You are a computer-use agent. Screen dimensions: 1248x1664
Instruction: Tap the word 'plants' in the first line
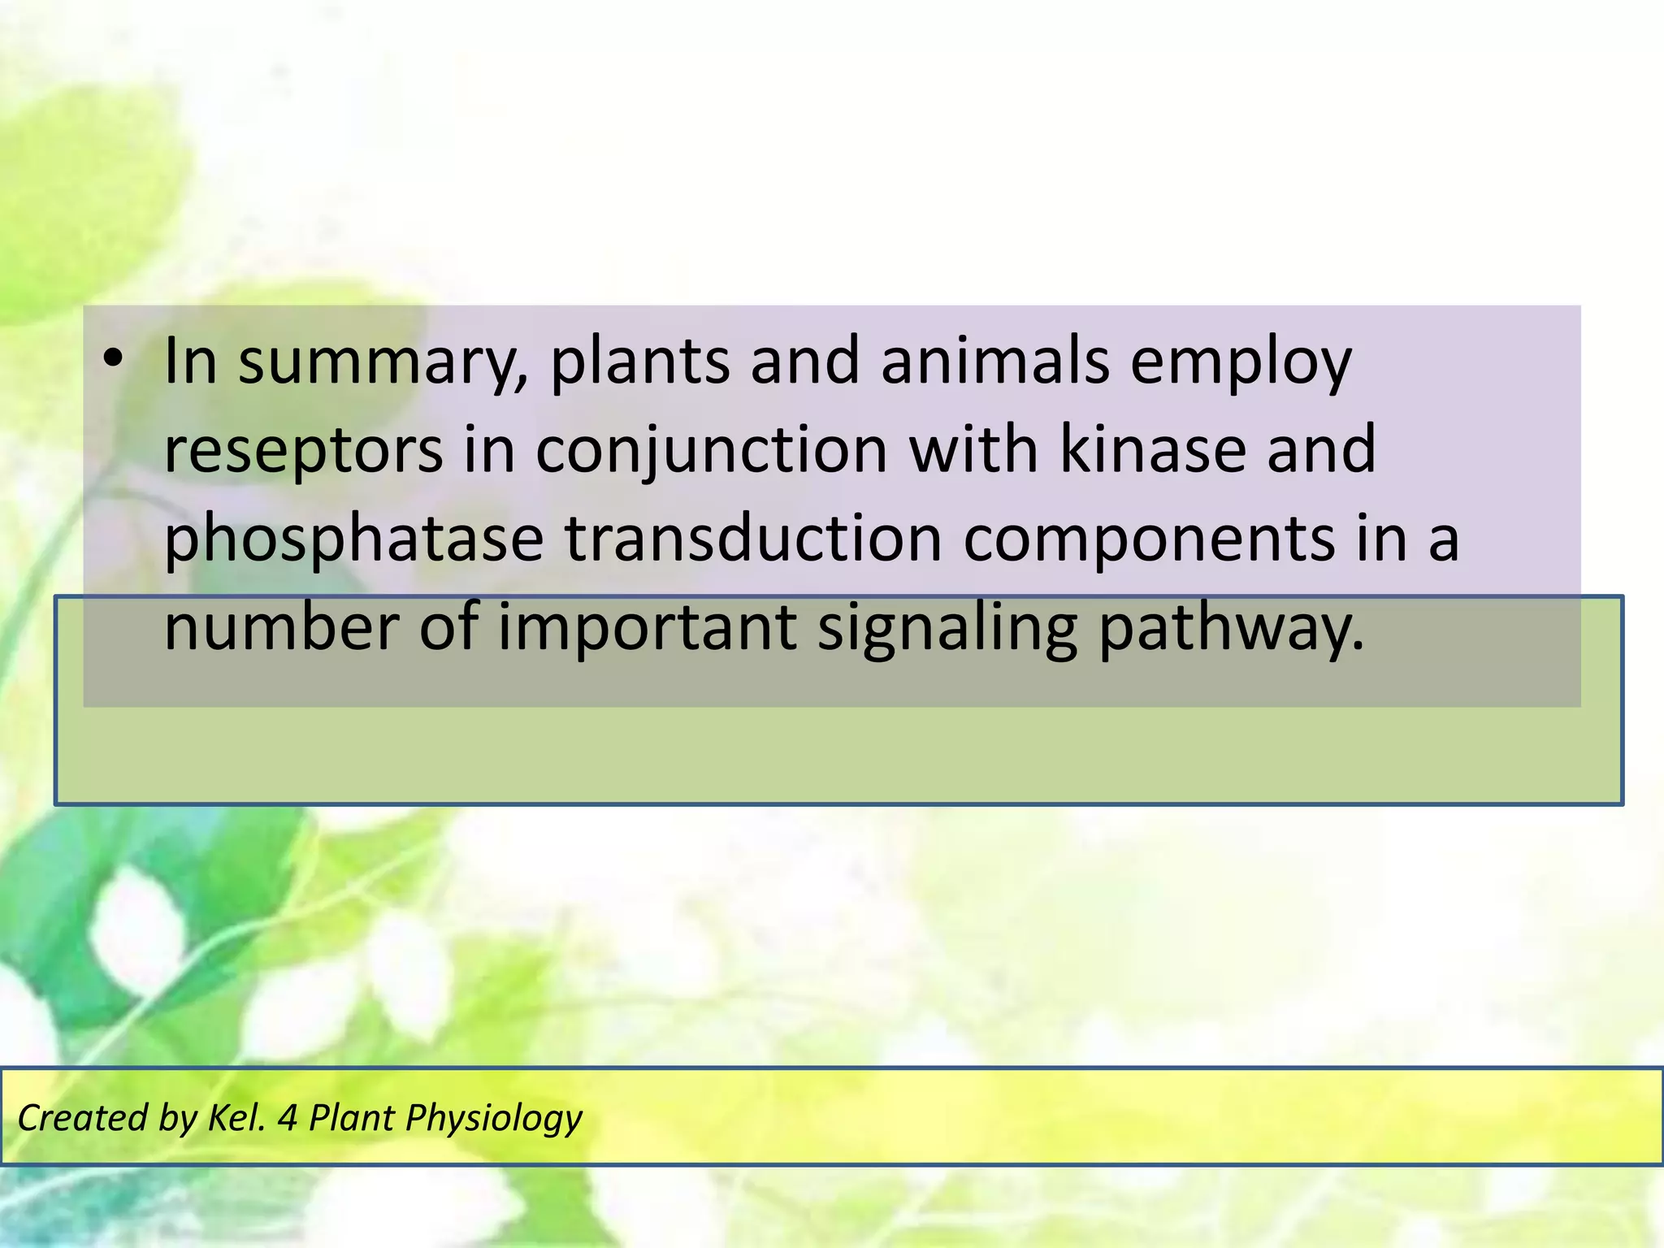click(x=639, y=362)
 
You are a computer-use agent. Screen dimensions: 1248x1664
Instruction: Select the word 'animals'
click(x=994, y=361)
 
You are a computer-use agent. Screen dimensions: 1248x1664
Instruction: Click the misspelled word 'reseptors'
click(x=303, y=452)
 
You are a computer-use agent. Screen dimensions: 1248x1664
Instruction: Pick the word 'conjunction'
click(x=712, y=452)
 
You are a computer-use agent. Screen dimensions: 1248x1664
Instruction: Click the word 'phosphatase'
click(x=353, y=541)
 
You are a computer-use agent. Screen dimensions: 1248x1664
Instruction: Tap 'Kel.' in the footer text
click(x=236, y=1118)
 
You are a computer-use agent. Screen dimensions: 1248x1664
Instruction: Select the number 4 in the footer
click(x=288, y=1118)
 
